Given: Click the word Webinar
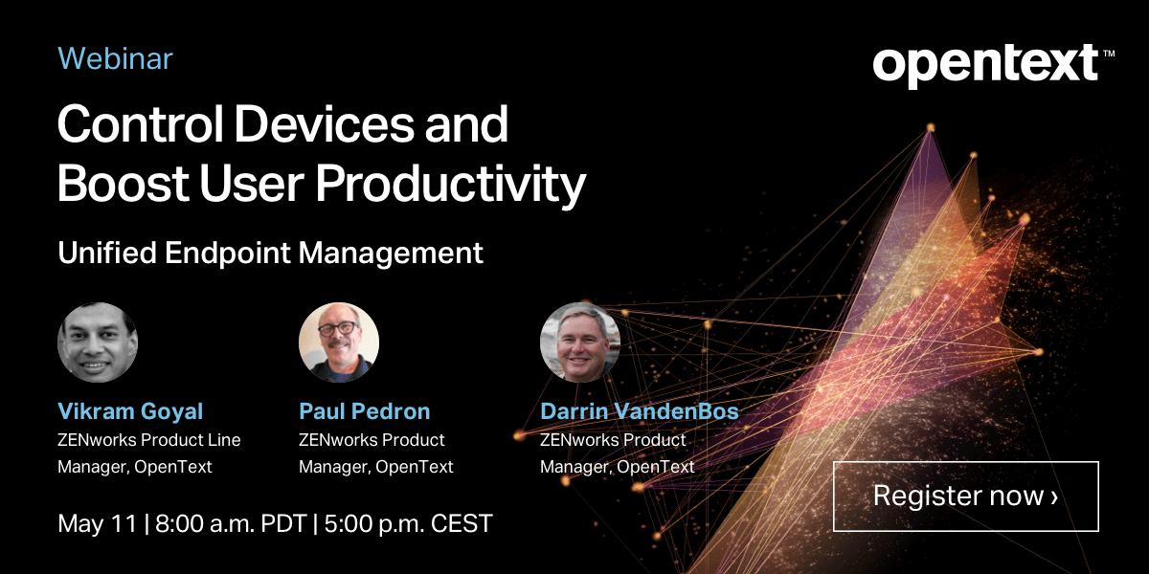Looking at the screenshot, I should coord(115,59).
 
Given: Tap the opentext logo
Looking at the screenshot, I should coord(986,64).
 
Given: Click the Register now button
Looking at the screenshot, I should coord(965,496).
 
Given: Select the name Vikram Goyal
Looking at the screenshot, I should coord(130,411).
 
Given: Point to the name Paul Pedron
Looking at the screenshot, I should coord(365,411).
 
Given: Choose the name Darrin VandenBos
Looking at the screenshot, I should coord(640,411).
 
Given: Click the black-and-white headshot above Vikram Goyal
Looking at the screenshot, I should coord(98,342).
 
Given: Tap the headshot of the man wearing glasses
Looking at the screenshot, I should coord(339,342).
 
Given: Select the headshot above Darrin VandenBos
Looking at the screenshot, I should coord(580,342).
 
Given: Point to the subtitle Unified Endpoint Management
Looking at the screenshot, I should coord(270,254).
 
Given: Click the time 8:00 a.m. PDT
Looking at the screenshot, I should coord(230,524).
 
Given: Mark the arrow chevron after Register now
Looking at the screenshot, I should coord(1054,497).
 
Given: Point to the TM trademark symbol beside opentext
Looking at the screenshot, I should coord(1109,54).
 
